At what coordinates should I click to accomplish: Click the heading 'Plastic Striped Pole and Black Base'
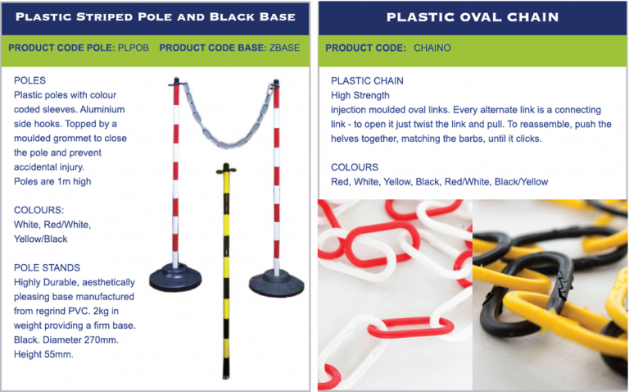point(156,16)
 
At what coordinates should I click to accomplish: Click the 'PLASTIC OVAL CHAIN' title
point(473,16)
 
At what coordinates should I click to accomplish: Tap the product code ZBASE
point(284,48)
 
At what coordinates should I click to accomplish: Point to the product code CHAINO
point(432,48)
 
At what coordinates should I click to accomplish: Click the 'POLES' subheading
point(29,81)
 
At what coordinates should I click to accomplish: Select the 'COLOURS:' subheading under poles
point(39,210)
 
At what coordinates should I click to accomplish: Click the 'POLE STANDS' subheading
point(47,268)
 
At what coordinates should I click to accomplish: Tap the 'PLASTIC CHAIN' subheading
point(367,81)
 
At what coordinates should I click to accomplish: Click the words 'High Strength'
point(360,95)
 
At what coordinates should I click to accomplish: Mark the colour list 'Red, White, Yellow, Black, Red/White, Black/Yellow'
point(439,181)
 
